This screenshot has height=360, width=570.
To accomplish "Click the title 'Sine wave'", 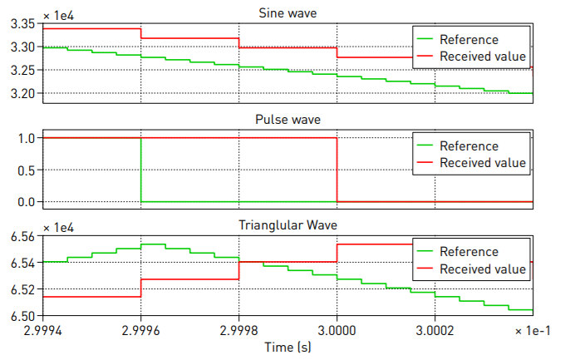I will (287, 12).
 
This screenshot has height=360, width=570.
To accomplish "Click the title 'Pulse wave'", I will (287, 120).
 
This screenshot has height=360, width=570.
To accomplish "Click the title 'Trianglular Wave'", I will (287, 224).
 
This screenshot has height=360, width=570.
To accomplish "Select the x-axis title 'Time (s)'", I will (287, 347).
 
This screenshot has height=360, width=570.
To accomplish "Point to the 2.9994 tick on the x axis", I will (43, 329).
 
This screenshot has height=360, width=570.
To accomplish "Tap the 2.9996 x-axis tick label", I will (141, 329).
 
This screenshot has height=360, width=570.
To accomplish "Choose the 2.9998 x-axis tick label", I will (239, 329).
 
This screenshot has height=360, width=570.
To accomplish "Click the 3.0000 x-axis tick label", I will (337, 329).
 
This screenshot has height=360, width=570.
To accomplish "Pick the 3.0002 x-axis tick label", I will (435, 329).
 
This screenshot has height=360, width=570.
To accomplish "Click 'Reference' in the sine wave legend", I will (469, 40).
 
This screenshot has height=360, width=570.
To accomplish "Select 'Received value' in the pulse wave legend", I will (483, 163).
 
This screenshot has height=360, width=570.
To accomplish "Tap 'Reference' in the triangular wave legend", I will (469, 252).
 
